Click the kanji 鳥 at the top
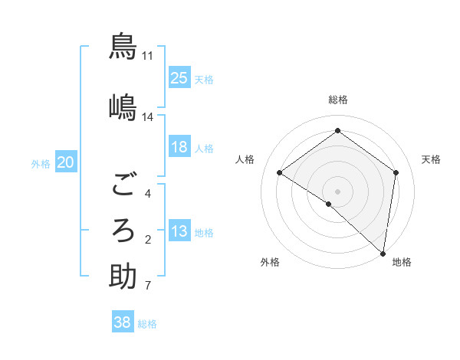(x=123, y=46)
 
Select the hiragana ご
(x=123, y=185)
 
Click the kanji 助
(x=123, y=276)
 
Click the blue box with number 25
(x=179, y=78)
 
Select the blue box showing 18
(x=179, y=147)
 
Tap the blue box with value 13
(x=179, y=231)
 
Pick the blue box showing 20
(x=66, y=162)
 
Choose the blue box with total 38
(x=123, y=322)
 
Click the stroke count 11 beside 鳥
(x=148, y=56)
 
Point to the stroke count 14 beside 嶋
(x=148, y=117)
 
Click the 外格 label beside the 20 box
(x=41, y=163)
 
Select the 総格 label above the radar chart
(x=338, y=100)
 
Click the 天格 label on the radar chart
(x=432, y=159)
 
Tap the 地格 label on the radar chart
(x=402, y=262)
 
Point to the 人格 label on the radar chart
(x=245, y=159)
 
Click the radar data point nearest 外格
(x=329, y=204)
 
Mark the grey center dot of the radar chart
(x=338, y=191)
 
